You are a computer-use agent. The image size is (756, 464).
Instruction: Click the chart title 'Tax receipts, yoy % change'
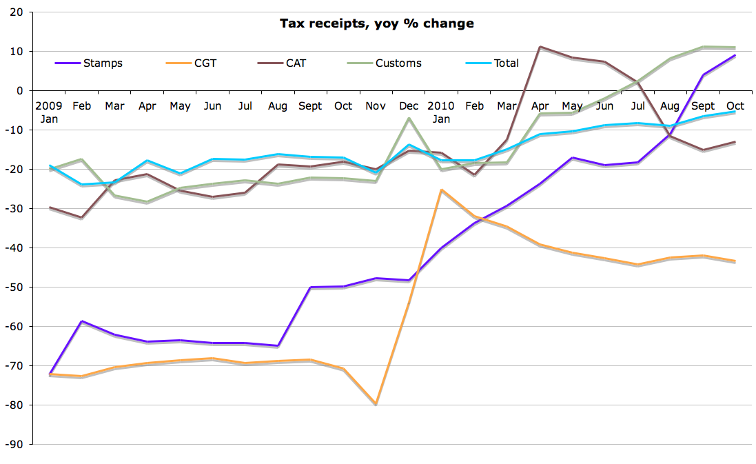(x=376, y=23)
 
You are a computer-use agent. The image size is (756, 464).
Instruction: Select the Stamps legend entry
(x=103, y=63)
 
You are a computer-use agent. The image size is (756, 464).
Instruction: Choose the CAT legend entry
(x=296, y=63)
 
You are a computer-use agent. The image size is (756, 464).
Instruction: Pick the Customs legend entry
(x=398, y=63)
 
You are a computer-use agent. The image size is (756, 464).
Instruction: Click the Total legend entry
(x=506, y=63)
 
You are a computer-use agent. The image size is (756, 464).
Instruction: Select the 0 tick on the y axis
(x=20, y=91)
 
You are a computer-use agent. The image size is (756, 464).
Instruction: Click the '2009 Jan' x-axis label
(x=49, y=112)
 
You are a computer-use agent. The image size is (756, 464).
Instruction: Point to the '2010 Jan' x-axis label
(x=441, y=112)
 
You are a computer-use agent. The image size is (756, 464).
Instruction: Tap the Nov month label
(x=376, y=106)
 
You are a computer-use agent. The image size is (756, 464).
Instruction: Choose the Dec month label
(x=408, y=106)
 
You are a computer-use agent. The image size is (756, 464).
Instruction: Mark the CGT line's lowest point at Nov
(x=376, y=404)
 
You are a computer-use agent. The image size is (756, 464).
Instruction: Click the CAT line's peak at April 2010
(x=540, y=47)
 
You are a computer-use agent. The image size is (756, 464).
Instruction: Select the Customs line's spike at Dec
(x=409, y=119)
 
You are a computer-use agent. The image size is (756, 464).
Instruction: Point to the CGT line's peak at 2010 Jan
(x=441, y=190)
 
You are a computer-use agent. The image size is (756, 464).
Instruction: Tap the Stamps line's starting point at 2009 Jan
(x=49, y=374)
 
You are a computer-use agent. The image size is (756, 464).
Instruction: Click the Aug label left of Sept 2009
(x=277, y=106)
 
